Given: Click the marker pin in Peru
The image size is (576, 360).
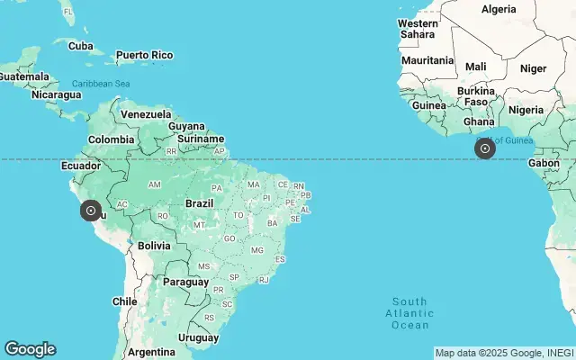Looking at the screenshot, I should [90, 211].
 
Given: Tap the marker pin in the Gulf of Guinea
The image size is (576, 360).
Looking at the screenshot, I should [485, 148].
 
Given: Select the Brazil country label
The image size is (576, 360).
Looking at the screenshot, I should [199, 203].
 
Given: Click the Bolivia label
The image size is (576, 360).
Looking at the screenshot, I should [154, 245].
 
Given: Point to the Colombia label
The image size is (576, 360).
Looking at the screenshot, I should [111, 139].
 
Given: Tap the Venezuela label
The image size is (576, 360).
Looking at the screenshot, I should [146, 114].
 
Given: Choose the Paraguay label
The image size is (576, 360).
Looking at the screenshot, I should [185, 282].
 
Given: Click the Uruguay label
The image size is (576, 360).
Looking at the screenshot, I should [199, 337].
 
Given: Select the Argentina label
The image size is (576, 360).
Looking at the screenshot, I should [150, 351].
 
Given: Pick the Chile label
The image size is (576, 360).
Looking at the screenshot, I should [124, 301].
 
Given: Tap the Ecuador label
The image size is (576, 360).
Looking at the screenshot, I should [80, 166].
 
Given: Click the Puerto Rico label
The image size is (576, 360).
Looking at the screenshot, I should [144, 55].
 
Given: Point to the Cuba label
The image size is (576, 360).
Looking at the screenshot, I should [81, 46].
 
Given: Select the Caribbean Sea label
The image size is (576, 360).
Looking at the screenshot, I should [102, 84].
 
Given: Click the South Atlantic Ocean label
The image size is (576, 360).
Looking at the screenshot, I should [409, 312].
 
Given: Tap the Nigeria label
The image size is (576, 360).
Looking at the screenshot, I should [526, 109].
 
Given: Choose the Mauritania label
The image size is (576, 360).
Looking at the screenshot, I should [427, 60].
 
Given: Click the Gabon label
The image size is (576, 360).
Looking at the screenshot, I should [543, 163].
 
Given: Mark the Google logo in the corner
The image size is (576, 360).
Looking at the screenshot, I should [30, 349].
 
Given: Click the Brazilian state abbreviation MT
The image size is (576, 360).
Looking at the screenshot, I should [199, 224].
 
